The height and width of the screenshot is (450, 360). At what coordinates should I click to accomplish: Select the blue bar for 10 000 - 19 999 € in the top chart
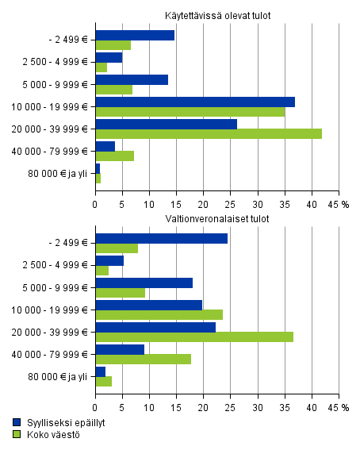click(195, 102)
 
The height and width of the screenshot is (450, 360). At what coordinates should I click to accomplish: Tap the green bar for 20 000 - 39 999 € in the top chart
click(209, 133)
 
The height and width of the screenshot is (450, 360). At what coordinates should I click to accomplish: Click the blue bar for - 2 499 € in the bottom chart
click(162, 238)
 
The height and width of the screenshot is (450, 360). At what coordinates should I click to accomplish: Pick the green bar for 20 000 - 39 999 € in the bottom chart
click(194, 337)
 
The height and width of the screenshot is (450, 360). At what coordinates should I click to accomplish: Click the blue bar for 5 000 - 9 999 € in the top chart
click(132, 79)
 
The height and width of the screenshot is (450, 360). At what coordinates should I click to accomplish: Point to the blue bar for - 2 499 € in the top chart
click(135, 35)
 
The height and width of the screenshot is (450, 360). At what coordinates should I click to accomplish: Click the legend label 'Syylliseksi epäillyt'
click(59, 423)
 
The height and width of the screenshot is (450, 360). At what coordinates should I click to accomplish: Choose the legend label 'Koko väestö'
click(48, 434)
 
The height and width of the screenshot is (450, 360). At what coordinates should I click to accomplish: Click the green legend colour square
click(17, 434)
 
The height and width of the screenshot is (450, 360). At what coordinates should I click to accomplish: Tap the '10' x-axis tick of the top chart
click(149, 203)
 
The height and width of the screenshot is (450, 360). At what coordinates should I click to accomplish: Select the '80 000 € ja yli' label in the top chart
click(58, 172)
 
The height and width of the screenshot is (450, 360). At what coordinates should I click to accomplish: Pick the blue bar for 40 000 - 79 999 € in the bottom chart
click(120, 349)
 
